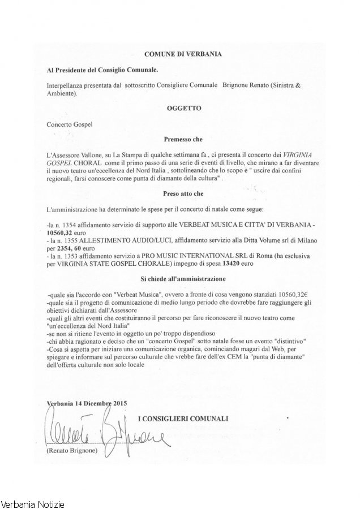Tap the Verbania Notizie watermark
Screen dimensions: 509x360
pos(33,503)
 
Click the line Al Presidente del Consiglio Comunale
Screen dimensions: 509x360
pos(102,70)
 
